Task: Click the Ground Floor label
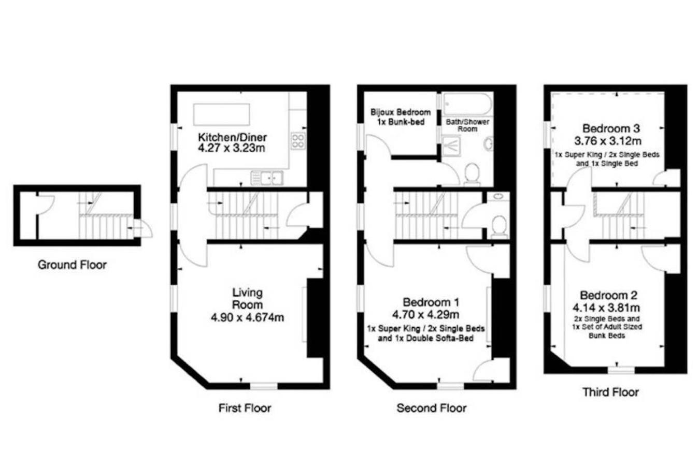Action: tap(72, 265)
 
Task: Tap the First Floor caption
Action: tap(245, 408)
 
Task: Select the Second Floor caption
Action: tap(432, 408)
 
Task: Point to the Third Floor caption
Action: tap(611, 392)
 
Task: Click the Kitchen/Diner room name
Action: tap(233, 137)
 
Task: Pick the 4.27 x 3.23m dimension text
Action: tap(232, 148)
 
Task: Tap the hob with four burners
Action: tap(298, 141)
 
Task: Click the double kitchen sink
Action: tap(267, 178)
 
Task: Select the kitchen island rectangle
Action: tap(222, 114)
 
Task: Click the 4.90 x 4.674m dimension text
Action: tap(248, 318)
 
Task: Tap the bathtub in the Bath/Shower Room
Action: tap(467, 104)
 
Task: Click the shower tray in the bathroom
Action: tap(451, 145)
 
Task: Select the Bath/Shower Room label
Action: tap(467, 125)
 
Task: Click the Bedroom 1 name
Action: tap(431, 302)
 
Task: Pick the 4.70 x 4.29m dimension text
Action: tap(425, 315)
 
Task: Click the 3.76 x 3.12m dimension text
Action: tap(608, 141)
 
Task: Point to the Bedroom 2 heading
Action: tap(608, 295)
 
